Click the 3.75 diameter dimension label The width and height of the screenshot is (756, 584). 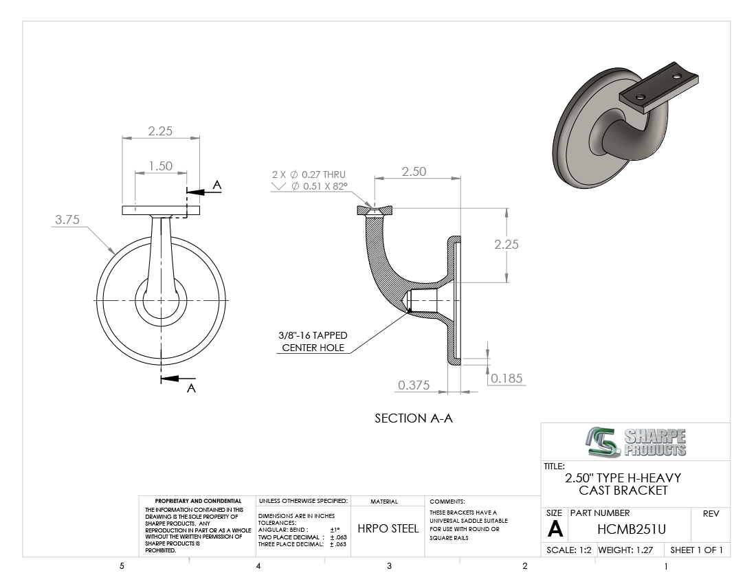tap(67, 220)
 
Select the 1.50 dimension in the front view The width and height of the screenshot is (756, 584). tap(161, 166)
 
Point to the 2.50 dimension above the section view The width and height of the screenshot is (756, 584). tap(414, 172)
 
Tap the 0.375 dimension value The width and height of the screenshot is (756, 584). tap(414, 385)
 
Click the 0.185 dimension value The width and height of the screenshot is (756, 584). tap(507, 379)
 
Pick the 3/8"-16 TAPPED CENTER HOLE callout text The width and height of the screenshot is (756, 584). tap(313, 341)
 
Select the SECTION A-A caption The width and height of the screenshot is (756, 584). tap(414, 418)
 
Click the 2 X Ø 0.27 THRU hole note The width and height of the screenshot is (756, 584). tap(309, 175)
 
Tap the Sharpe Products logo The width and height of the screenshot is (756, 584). tap(636, 441)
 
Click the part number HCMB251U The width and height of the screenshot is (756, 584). tap(631, 529)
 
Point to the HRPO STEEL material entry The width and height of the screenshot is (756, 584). tap(388, 528)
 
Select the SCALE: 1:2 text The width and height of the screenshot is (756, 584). tap(569, 550)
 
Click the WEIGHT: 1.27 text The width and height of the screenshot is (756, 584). tap(626, 550)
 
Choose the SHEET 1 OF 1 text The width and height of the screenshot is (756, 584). tap(697, 550)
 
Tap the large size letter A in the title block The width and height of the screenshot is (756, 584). tap(555, 529)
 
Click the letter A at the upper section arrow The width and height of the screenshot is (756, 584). tap(217, 185)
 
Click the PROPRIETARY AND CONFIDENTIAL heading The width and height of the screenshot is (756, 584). tap(198, 501)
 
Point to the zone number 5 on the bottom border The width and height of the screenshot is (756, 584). tap(122, 566)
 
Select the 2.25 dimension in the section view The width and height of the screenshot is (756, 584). tap(507, 245)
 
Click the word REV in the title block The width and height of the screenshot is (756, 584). tap(711, 514)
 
